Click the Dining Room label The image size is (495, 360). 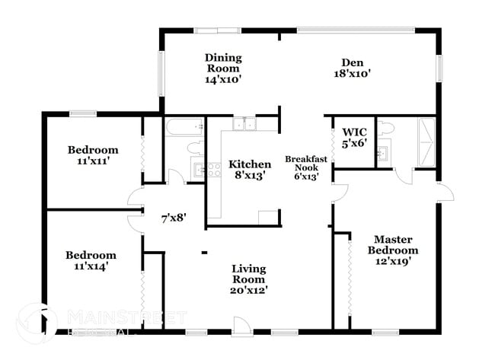pyautogui.click(x=222, y=68)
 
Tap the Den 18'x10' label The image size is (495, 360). pyautogui.click(x=351, y=68)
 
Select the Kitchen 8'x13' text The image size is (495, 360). pyautogui.click(x=250, y=170)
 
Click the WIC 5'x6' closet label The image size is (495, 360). pyautogui.click(x=355, y=135)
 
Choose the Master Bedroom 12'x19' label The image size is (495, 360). pyautogui.click(x=393, y=250)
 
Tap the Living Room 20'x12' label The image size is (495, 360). pyautogui.click(x=249, y=279)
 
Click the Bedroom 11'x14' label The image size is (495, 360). pyautogui.click(x=91, y=261)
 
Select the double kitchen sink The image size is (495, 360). pyautogui.click(x=245, y=124)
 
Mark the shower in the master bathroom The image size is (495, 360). pyautogui.click(x=425, y=142)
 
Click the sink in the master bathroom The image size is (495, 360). pyautogui.click(x=384, y=155)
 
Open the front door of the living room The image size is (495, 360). pyautogui.click(x=241, y=324)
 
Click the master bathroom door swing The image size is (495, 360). pyautogui.click(x=404, y=177)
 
